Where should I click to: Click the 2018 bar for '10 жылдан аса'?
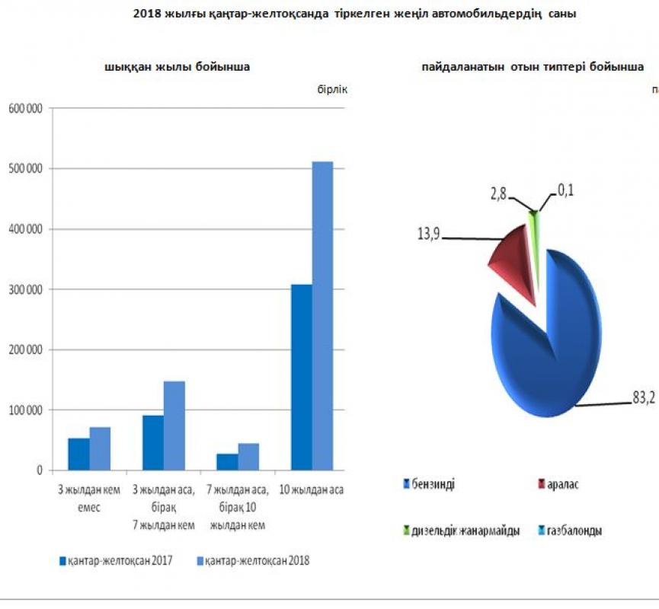click(x=323, y=316)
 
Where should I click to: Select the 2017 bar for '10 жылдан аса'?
click(x=302, y=378)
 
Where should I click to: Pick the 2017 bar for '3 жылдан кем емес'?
click(x=78, y=454)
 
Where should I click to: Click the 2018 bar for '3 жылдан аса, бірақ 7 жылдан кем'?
click(x=174, y=426)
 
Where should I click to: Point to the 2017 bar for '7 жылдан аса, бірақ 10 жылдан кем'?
click(x=227, y=462)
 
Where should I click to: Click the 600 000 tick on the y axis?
click(x=25, y=108)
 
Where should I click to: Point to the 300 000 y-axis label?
click(x=25, y=289)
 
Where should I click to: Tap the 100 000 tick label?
click(x=25, y=410)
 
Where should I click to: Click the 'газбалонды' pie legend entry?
click(x=575, y=531)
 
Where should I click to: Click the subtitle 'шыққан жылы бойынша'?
click(x=178, y=67)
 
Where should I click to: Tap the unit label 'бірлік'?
click(x=332, y=89)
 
